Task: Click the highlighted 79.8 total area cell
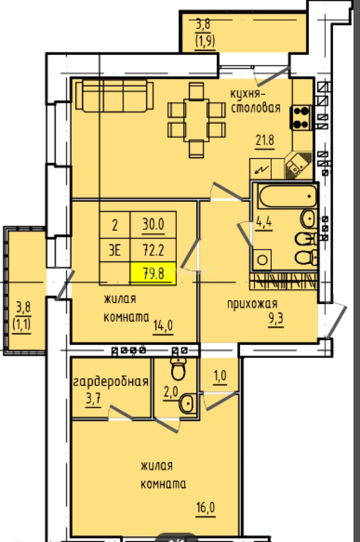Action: tap(153, 274)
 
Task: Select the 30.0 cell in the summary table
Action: tap(153, 225)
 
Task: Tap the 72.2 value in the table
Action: tap(153, 250)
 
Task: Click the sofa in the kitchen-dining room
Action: tap(114, 96)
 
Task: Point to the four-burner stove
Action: tap(301, 117)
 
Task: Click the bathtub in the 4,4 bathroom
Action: tap(288, 196)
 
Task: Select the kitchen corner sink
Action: tap(298, 165)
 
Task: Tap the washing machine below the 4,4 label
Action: tap(262, 259)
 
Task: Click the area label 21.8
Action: tap(265, 141)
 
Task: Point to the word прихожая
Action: tap(252, 304)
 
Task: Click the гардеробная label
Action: tap(110, 381)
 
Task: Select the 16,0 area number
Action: tap(205, 508)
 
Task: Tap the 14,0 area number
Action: tap(163, 326)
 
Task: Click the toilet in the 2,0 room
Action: tap(178, 369)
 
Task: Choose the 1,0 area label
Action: tap(220, 375)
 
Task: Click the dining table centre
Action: tap(196, 120)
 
